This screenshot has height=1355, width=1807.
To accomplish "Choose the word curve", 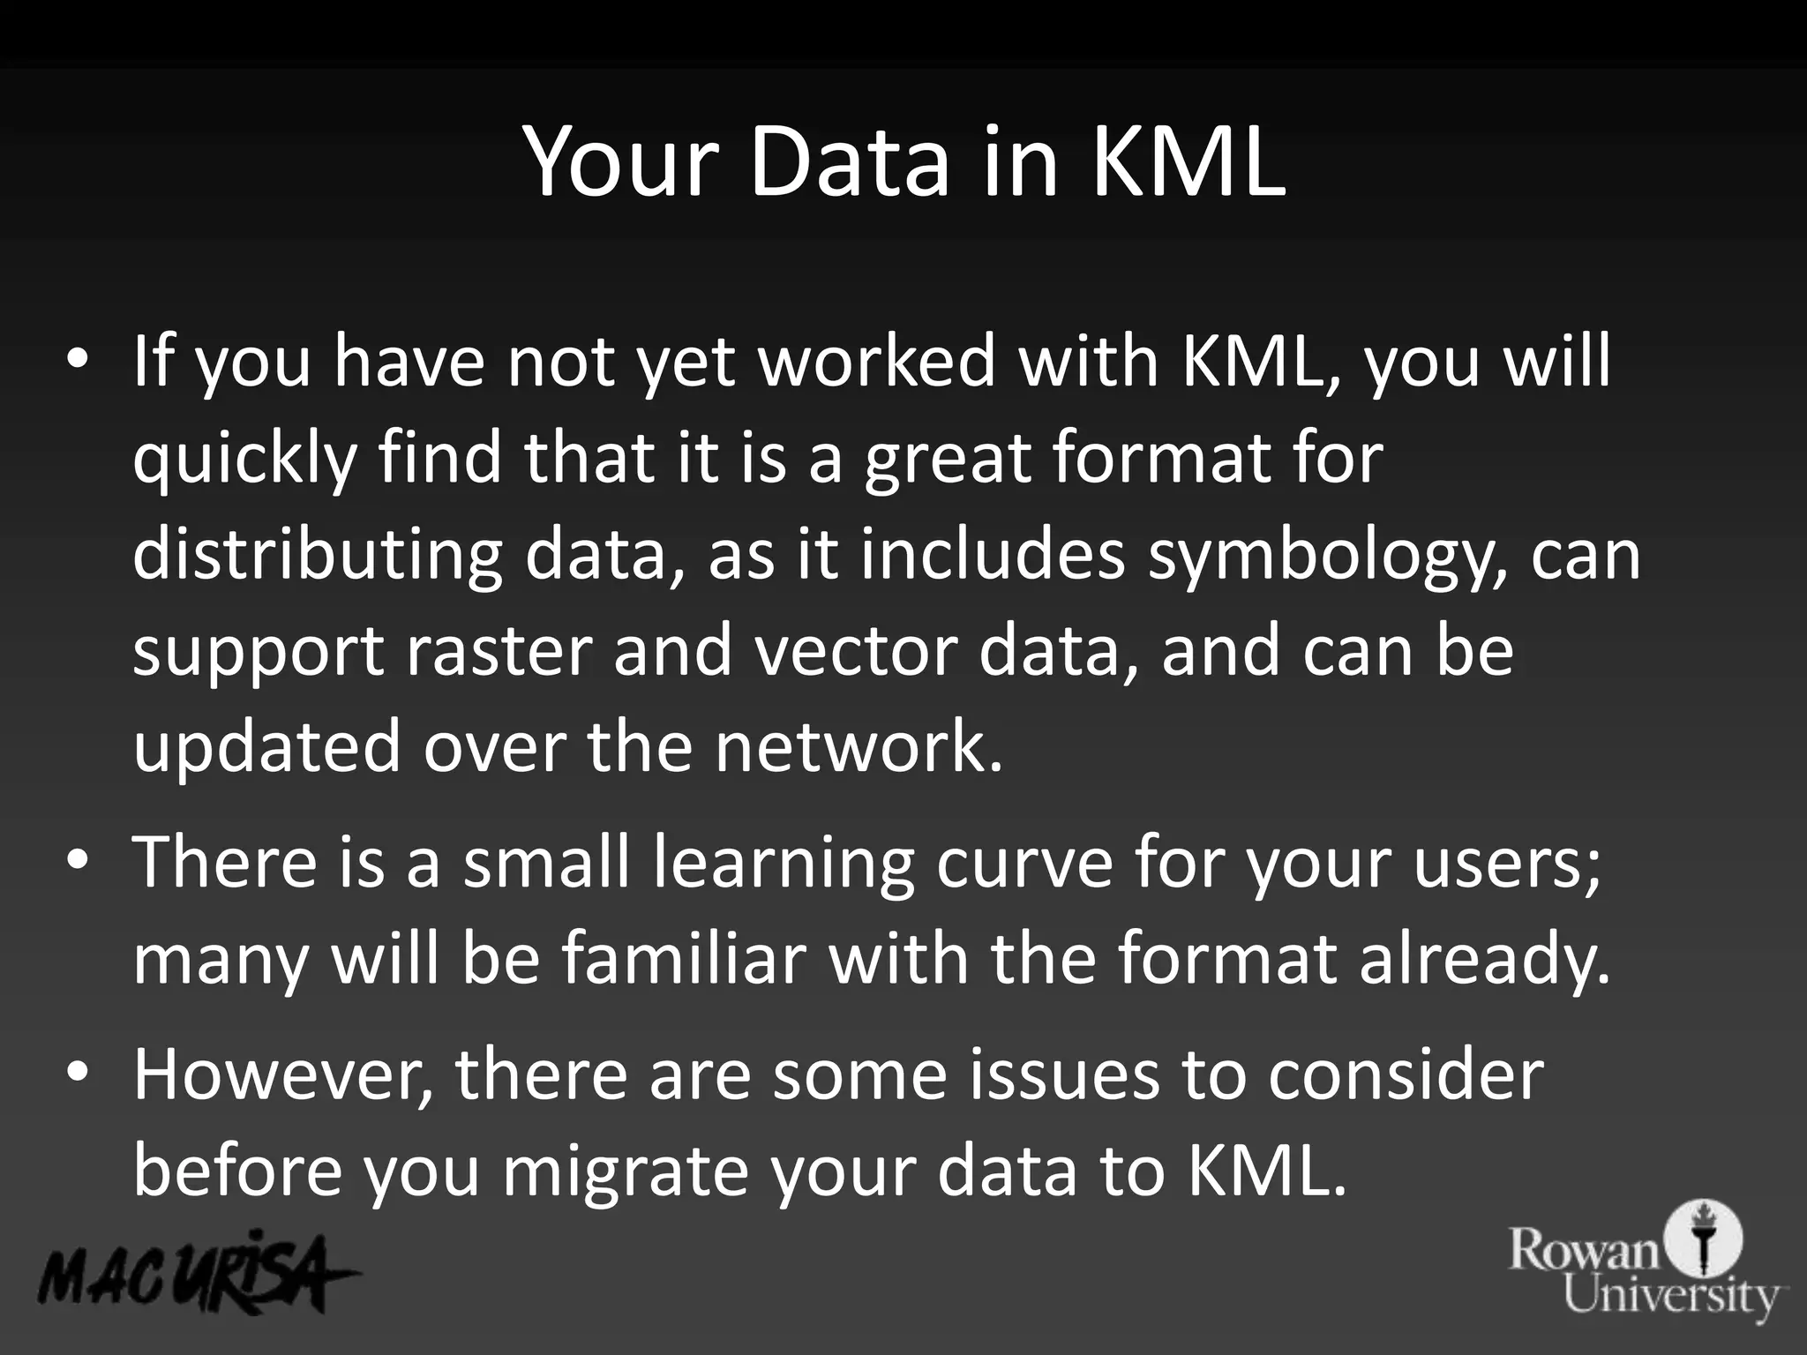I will pos(1024,863).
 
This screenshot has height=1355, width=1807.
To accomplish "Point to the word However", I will pos(282,1076).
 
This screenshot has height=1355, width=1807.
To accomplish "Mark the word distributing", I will pos(318,556).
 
